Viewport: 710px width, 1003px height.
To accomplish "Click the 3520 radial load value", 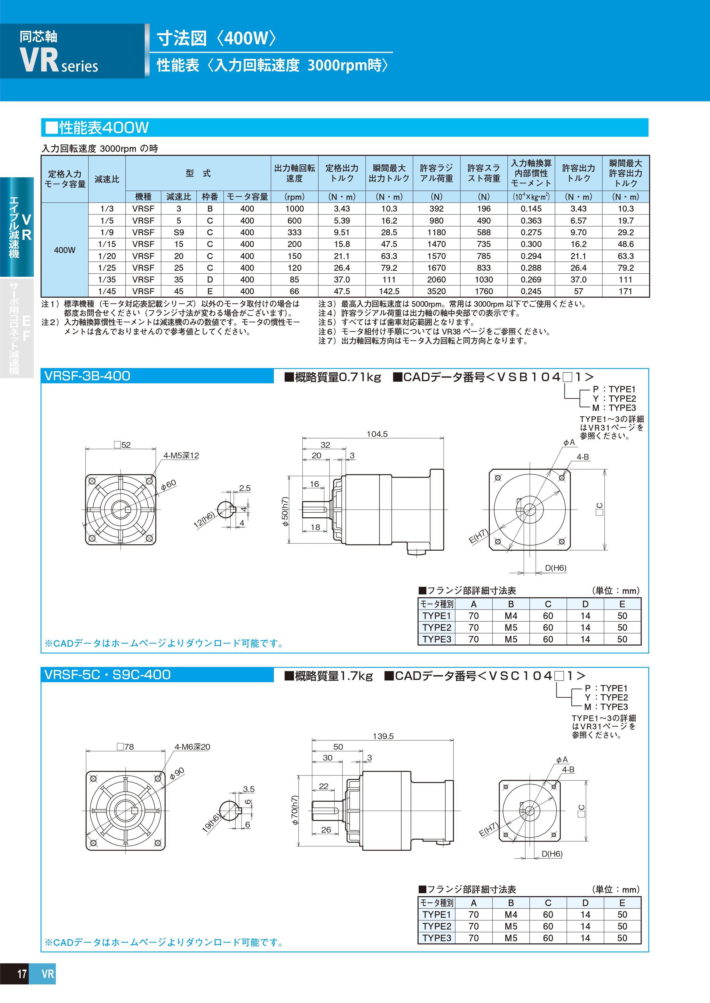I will click(x=436, y=291).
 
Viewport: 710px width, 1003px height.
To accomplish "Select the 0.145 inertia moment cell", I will click(x=531, y=209).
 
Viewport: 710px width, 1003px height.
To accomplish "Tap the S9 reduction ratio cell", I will click(x=178, y=232).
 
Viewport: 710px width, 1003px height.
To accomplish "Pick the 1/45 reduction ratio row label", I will click(x=107, y=291).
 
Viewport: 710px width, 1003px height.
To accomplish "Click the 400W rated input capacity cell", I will click(x=64, y=250).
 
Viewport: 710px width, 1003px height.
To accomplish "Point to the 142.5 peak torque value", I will click(x=389, y=291).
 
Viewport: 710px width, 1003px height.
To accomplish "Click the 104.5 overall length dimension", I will click(x=377, y=434).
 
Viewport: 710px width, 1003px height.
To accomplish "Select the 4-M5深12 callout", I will click(x=181, y=456).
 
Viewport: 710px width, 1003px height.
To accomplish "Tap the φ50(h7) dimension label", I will click(x=285, y=512).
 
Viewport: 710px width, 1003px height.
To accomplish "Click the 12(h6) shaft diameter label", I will click(x=204, y=520).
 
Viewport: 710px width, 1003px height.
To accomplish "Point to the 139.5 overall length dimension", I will click(x=383, y=736).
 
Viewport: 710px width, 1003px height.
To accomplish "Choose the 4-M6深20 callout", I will click(x=192, y=747).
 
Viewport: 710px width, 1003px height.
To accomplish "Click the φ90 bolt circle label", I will click(x=177, y=773).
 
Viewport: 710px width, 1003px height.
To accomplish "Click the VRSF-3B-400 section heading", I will click(x=88, y=376).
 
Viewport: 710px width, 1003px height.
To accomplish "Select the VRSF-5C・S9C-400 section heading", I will click(x=108, y=675).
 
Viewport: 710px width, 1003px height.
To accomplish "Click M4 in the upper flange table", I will click(x=511, y=616).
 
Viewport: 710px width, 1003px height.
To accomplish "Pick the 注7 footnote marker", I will click(x=326, y=341).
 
